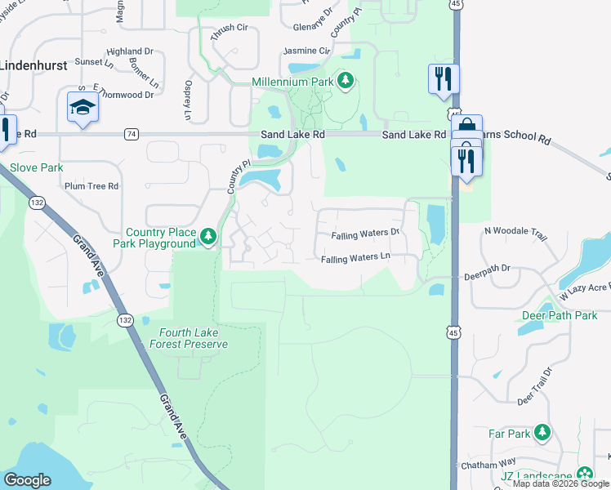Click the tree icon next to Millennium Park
(x=346, y=81)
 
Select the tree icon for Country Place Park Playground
(x=208, y=237)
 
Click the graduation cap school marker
(x=83, y=107)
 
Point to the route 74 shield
(x=131, y=134)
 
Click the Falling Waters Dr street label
(x=365, y=234)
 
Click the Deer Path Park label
(x=560, y=315)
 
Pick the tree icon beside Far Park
(x=542, y=433)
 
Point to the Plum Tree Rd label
(x=91, y=186)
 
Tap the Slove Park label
(x=36, y=167)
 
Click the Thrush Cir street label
(x=229, y=28)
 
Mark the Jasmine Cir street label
(x=306, y=51)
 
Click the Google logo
(x=28, y=480)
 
